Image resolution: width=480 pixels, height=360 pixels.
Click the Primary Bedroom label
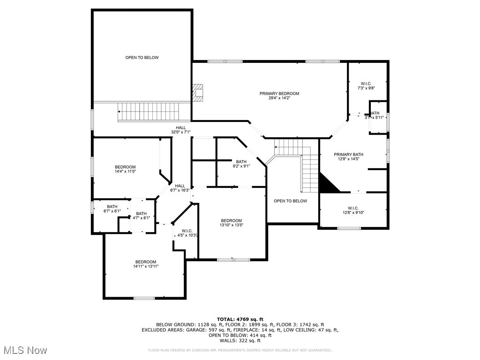[x=279, y=93]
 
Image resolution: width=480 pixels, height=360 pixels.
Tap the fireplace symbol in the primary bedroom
[x=198, y=92]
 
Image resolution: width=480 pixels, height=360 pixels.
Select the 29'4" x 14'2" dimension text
[x=279, y=98]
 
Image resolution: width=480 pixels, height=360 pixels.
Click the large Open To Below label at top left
[x=142, y=58]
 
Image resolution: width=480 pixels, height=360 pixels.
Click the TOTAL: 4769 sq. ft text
[x=240, y=319]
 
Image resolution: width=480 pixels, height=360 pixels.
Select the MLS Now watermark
[x=24, y=350]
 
